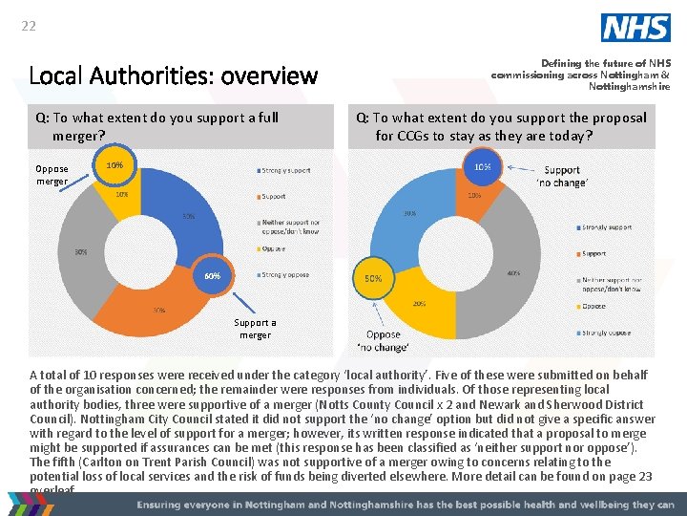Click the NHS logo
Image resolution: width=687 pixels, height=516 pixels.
635,28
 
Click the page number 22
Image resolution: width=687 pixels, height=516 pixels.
29,26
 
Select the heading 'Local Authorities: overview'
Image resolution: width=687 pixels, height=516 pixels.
174,75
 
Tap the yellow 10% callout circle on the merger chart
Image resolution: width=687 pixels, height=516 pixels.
114,165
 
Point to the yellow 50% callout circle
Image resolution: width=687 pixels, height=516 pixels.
373,279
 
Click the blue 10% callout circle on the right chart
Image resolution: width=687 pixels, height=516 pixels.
484,166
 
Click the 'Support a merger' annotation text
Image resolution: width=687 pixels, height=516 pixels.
255,329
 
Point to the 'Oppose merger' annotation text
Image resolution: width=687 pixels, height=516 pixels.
52,175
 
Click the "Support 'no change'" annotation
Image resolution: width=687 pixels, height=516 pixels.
563,176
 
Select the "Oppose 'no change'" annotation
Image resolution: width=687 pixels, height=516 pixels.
384,341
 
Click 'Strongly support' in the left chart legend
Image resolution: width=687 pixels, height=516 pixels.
285,170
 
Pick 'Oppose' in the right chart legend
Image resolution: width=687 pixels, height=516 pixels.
593,307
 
